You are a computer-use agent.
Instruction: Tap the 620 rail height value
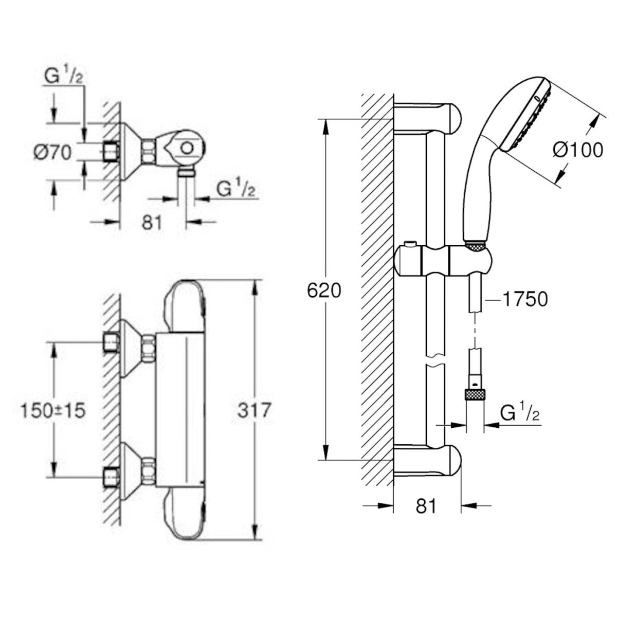tap(324, 291)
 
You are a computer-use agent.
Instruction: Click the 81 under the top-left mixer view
tap(152, 222)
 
